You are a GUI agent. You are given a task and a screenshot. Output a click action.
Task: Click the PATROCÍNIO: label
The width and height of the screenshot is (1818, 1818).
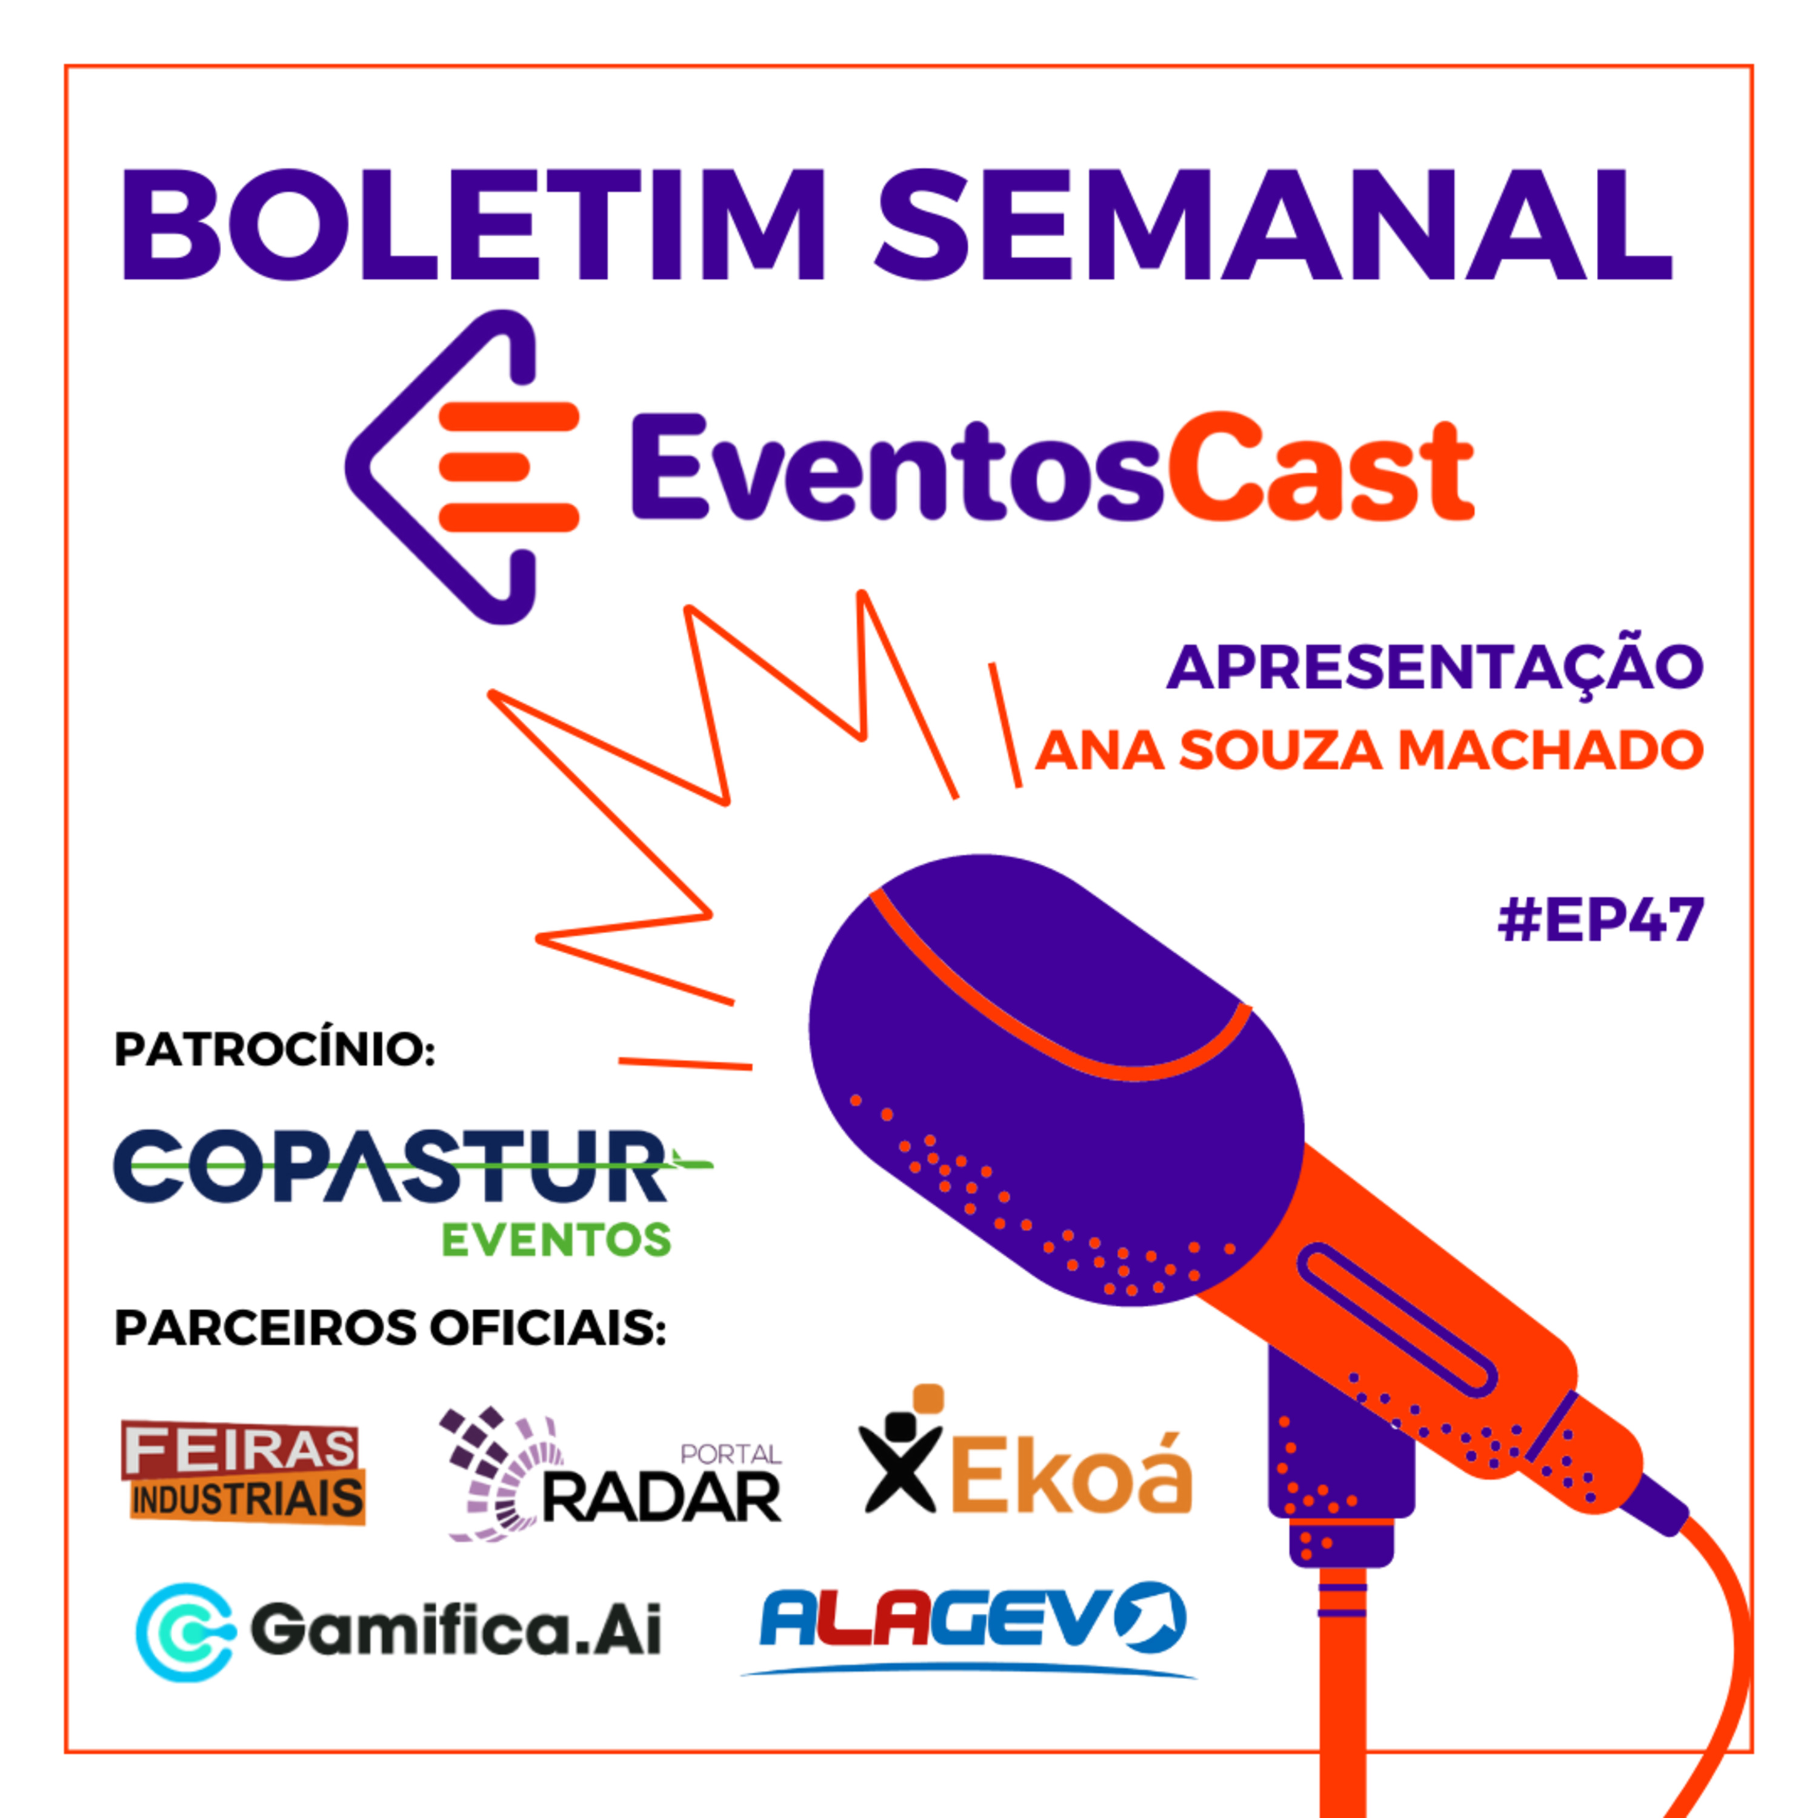click(275, 1049)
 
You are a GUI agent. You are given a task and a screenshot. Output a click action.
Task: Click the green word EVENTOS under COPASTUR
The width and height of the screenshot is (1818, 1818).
click(556, 1240)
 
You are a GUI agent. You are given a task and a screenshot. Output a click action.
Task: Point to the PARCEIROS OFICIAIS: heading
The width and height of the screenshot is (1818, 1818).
click(390, 1328)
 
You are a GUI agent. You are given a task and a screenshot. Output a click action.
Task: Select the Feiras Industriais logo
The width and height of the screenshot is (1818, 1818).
click(244, 1473)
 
